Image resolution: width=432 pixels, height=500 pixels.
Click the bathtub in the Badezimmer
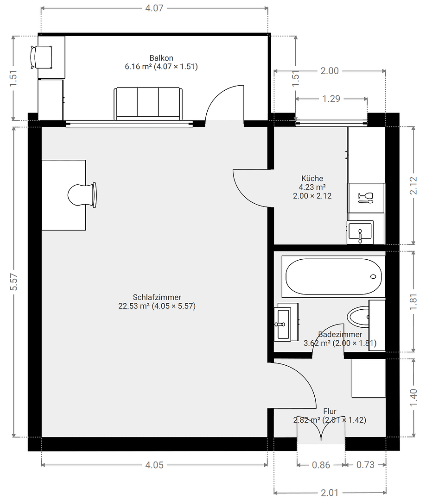click(333, 277)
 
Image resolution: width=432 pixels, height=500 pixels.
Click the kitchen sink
click(360, 231)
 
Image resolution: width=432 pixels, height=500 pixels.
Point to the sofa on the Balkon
click(148, 103)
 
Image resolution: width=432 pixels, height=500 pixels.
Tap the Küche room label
click(312, 179)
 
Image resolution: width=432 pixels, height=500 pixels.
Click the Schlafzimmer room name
click(157, 297)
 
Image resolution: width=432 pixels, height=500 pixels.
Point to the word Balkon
click(161, 58)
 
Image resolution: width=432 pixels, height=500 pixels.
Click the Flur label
click(330, 411)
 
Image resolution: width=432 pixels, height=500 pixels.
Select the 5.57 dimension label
click(14, 281)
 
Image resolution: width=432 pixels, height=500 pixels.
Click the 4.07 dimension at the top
click(154, 8)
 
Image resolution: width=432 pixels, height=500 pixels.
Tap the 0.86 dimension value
click(321, 465)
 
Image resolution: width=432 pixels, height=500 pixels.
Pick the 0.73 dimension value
click(365, 465)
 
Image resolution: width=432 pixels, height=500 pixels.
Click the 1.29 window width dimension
click(331, 99)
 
